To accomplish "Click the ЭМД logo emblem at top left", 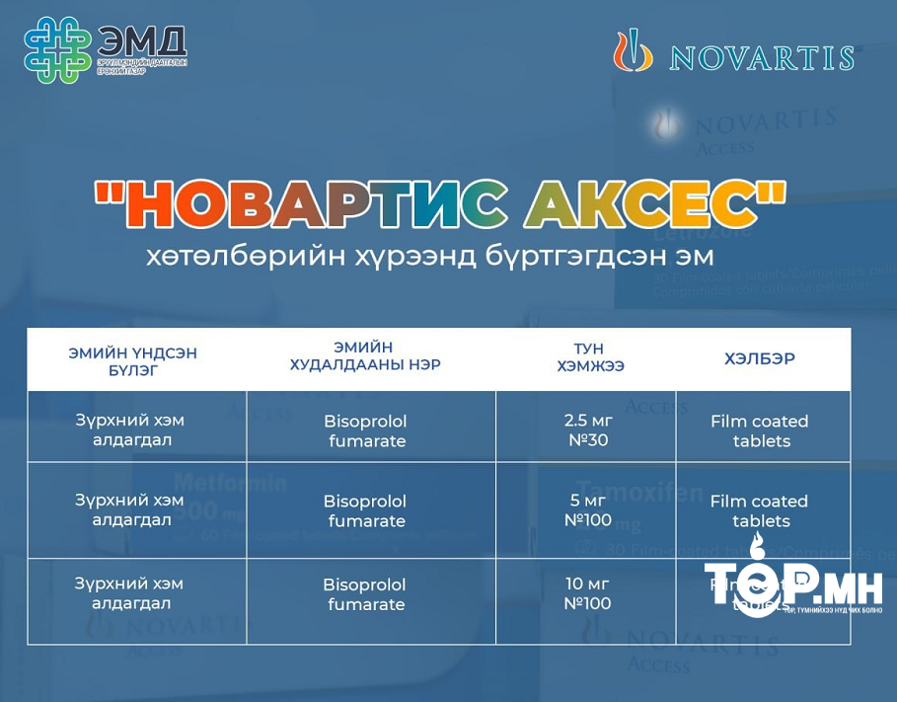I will click(x=58, y=50).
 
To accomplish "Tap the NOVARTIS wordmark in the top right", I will click(x=761, y=56).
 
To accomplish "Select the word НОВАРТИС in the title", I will click(x=314, y=203).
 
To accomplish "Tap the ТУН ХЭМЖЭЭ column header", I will click(x=588, y=357).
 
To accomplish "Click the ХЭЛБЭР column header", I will click(x=760, y=358).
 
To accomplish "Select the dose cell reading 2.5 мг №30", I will click(x=588, y=429).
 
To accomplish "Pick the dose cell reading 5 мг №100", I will click(x=588, y=510).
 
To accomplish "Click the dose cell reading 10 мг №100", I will click(x=588, y=593).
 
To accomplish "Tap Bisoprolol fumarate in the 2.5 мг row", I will click(x=366, y=430).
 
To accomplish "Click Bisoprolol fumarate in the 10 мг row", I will click(x=366, y=594).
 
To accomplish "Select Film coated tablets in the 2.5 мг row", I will click(x=760, y=430).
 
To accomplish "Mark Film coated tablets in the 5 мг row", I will click(x=760, y=510).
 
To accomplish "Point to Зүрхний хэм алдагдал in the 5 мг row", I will click(x=130, y=509).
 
